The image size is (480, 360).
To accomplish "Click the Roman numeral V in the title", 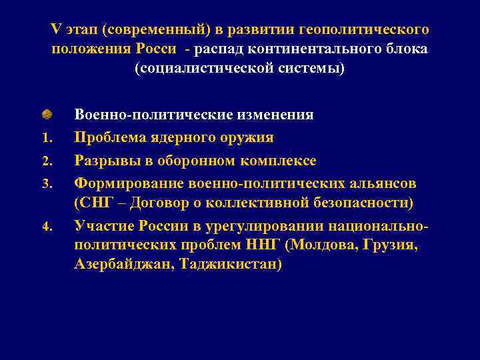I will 55,30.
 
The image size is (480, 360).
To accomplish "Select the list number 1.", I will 47,139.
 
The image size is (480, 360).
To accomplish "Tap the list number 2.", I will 47,161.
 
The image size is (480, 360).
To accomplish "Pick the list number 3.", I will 47,183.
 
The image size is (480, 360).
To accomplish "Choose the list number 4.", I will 47,226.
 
